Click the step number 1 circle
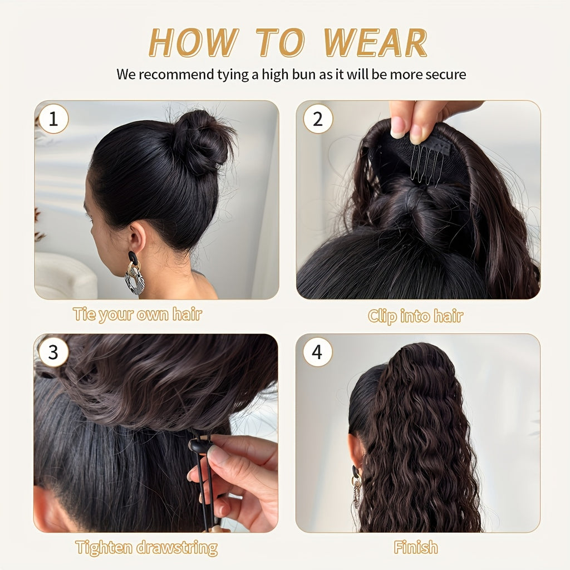coord(53,119)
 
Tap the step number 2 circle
coord(318,119)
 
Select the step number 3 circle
coord(53,352)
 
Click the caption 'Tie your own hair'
coord(137,314)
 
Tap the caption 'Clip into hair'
coord(415,316)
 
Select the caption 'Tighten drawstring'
coord(146,548)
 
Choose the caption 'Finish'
coord(416,548)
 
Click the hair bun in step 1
coord(202,140)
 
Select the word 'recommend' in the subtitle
coord(175,74)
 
